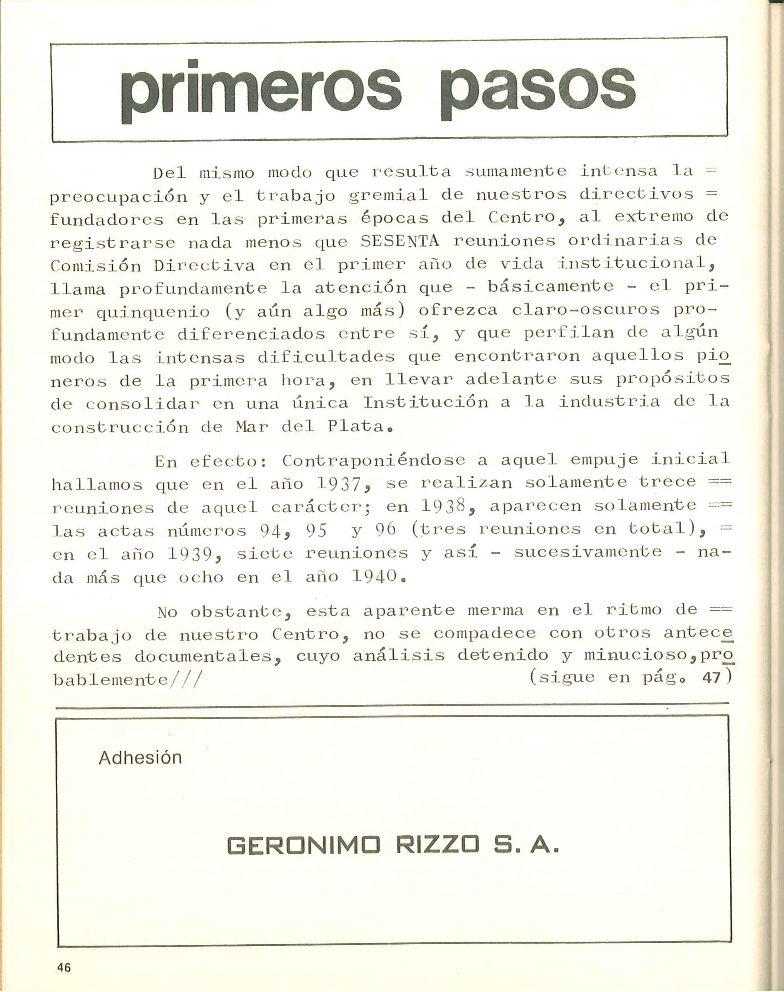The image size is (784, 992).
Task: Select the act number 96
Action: click(386, 530)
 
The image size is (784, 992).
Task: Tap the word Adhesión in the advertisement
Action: click(140, 757)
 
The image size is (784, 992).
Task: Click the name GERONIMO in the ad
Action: click(303, 845)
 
